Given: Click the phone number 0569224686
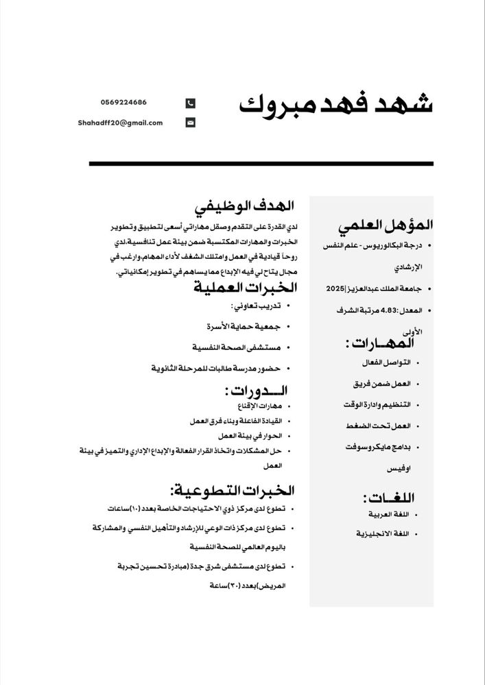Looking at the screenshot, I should tap(121, 102).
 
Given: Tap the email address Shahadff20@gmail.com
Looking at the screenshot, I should tap(121, 123).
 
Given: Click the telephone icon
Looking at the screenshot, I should tap(191, 103).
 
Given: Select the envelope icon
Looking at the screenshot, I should tap(191, 123).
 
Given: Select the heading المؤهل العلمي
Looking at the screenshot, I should tap(386, 224).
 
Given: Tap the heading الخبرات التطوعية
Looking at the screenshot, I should tap(233, 490).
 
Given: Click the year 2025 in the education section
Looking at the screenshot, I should tap(335, 288).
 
